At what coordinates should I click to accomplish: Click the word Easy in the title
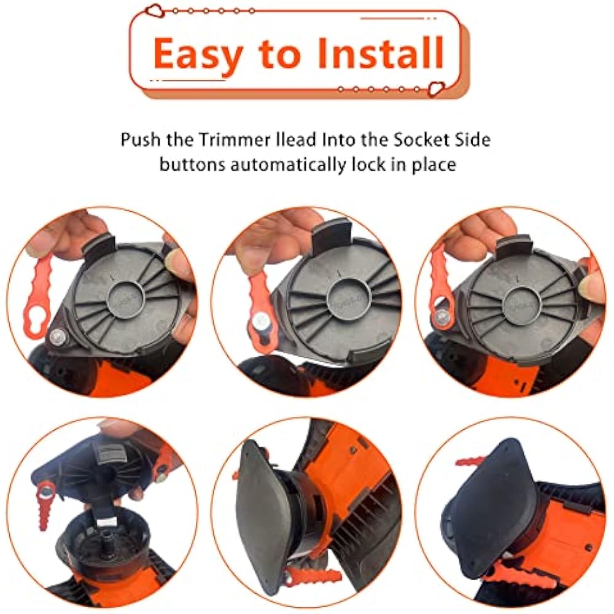pos(198,55)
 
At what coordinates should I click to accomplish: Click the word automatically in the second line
pos(288,165)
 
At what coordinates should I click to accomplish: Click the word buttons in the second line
pos(192,165)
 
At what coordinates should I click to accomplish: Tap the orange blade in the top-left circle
pos(37,297)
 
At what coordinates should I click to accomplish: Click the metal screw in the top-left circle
pos(58,336)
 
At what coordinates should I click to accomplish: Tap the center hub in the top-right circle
pos(521,303)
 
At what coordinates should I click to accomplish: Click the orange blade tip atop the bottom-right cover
pos(470,460)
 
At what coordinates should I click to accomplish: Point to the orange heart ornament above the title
pos(154,10)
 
